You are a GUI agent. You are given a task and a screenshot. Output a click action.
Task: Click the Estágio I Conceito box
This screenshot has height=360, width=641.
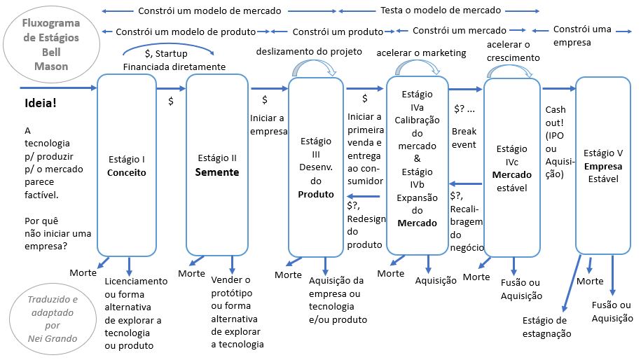(127, 165)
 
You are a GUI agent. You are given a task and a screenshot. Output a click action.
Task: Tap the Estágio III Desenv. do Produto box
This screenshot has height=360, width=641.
(316, 167)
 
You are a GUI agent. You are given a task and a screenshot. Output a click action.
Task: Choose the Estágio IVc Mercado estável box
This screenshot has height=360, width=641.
(512, 167)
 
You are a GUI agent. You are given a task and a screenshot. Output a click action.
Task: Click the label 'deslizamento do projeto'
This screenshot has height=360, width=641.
(309, 52)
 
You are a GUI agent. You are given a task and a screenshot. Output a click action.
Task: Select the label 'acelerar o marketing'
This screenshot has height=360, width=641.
(421, 53)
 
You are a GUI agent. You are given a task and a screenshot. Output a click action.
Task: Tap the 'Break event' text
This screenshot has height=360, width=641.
(464, 138)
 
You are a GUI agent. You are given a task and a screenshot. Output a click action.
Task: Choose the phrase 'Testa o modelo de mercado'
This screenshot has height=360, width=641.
(441, 11)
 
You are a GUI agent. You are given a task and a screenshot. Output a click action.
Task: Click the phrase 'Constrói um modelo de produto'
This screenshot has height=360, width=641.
(185, 32)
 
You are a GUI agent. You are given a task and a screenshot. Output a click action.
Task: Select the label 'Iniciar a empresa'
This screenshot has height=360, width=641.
(267, 124)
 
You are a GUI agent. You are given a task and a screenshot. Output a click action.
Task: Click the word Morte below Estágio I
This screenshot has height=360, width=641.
(83, 272)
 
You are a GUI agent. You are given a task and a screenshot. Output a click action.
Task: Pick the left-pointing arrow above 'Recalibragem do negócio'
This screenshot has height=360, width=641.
(464, 183)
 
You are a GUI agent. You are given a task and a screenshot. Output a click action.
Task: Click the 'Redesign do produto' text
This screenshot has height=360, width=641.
(366, 226)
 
